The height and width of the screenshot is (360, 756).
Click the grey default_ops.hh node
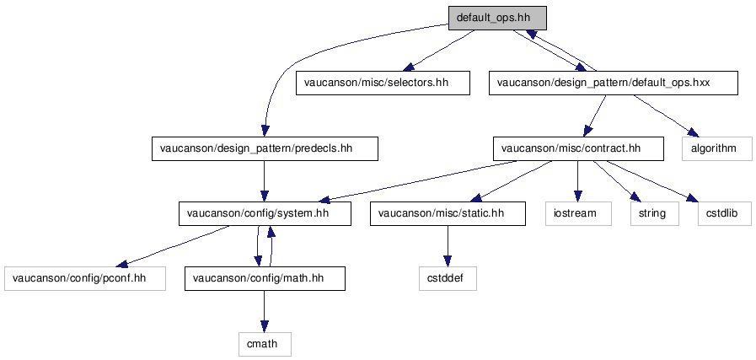pyautogui.click(x=497, y=19)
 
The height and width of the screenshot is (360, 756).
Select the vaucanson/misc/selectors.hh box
pyautogui.click(x=383, y=83)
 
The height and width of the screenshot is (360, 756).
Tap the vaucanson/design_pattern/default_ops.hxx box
pyautogui.click(x=614, y=83)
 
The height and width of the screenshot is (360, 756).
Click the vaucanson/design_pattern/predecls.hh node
pyautogui.click(x=265, y=148)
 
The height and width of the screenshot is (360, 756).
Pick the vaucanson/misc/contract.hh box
pyautogui.click(x=578, y=148)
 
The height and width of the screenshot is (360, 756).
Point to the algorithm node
pyautogui.click(x=717, y=148)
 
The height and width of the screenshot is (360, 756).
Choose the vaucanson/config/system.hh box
pyautogui.click(x=265, y=213)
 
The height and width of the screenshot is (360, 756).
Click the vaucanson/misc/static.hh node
pyautogui.click(x=448, y=213)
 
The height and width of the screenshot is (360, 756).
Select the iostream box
pyautogui.click(x=578, y=213)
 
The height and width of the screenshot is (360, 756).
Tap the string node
pyautogui.click(x=655, y=213)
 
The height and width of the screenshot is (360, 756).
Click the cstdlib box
pyautogui.click(x=725, y=213)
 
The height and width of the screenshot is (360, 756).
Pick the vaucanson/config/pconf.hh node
pyautogui.click(x=85, y=278)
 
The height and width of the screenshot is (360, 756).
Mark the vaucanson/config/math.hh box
pyautogui.click(x=265, y=278)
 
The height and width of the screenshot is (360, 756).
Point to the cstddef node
pyautogui.click(x=448, y=278)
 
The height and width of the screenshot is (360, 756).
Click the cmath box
pyautogui.click(x=265, y=344)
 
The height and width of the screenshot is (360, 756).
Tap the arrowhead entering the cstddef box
pyautogui.click(x=448, y=261)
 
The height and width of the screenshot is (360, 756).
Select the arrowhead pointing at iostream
pyautogui.click(x=577, y=196)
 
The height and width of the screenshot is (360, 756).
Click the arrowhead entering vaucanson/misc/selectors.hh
pyautogui.click(x=409, y=67)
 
